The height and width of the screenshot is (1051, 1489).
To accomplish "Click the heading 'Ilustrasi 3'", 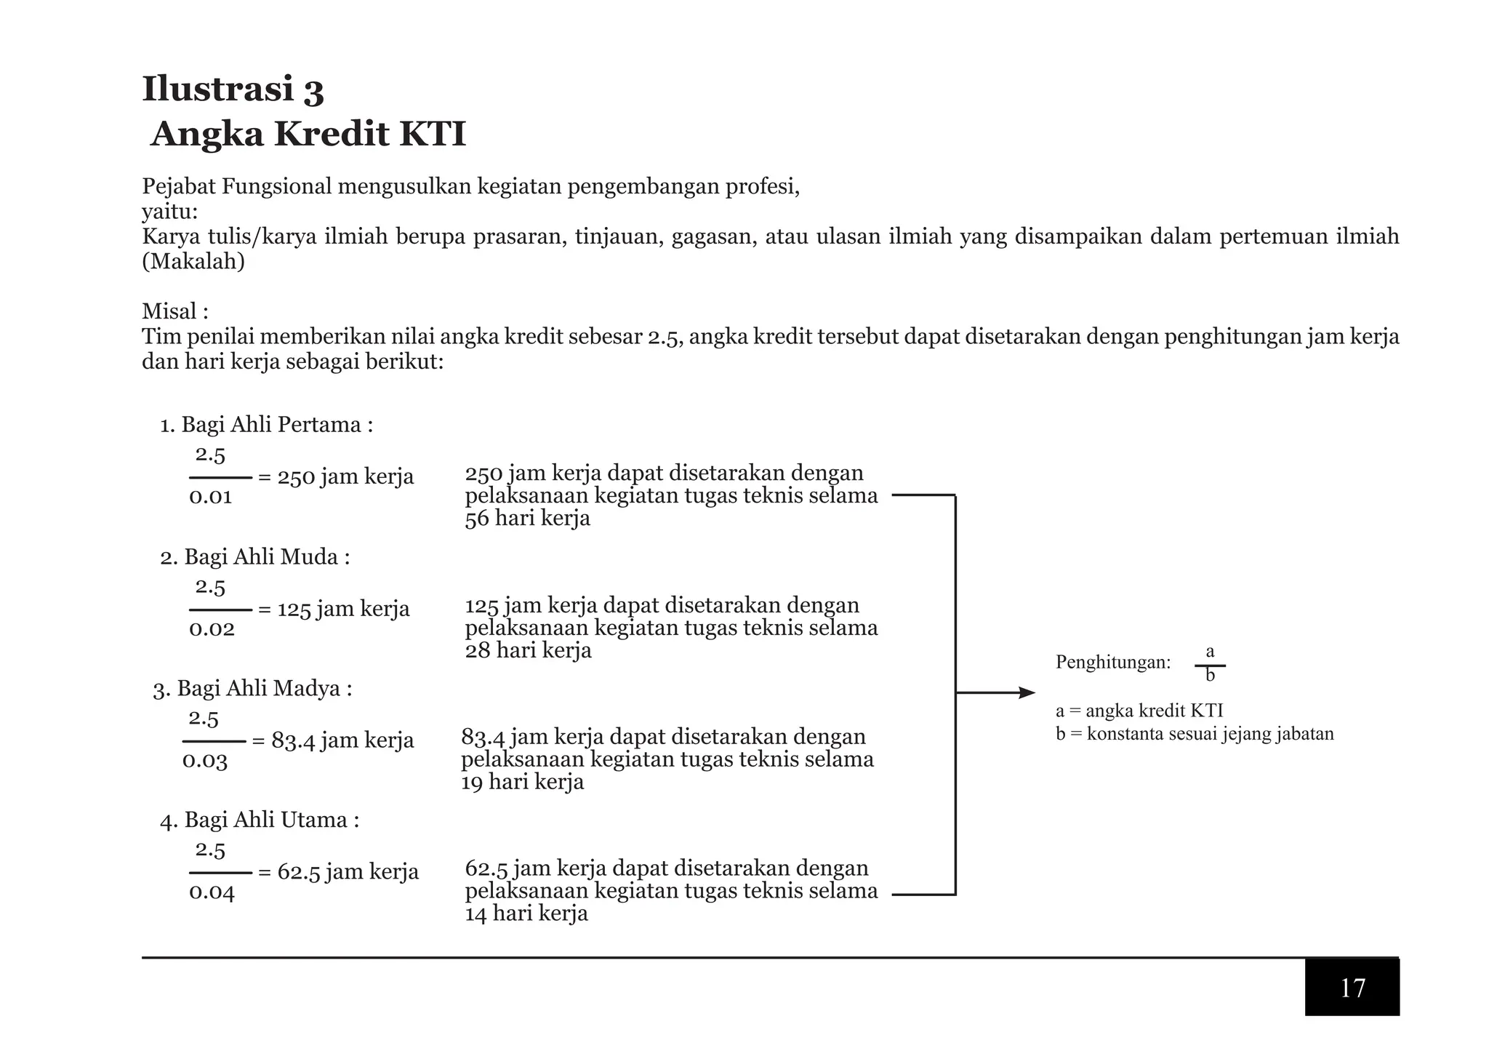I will tap(233, 89).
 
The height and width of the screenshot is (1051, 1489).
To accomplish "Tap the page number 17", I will tap(1352, 988).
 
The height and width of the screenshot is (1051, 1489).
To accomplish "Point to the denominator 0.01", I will tap(210, 497).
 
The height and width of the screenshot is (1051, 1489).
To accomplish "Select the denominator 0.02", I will tap(212, 629).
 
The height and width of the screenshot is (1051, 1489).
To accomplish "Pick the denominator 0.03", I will tap(204, 762).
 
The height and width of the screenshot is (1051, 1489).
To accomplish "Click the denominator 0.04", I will tap(212, 892).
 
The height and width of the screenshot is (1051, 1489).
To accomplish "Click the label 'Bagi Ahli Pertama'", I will tap(276, 425).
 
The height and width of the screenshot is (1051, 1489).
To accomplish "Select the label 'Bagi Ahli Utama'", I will tap(270, 820).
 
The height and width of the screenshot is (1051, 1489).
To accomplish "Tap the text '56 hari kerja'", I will tap(527, 519).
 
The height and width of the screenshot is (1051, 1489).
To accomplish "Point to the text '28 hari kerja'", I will tap(528, 651).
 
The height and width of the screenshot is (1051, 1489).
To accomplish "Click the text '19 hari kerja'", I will tap(522, 783).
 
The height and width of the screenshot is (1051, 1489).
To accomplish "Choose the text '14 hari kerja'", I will tap(526, 914).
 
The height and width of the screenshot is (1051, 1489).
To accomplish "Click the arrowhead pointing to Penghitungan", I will tap(1027, 693).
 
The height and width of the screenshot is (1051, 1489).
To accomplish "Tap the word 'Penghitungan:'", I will tap(1113, 663).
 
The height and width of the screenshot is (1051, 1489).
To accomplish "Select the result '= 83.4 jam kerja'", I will tap(332, 740).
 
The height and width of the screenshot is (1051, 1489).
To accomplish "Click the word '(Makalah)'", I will tap(193, 262).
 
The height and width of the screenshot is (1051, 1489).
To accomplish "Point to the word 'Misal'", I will tap(169, 311).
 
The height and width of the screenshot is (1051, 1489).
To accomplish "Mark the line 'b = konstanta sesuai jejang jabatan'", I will tap(1195, 734).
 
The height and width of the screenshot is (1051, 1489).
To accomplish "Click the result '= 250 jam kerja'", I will tap(336, 477).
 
